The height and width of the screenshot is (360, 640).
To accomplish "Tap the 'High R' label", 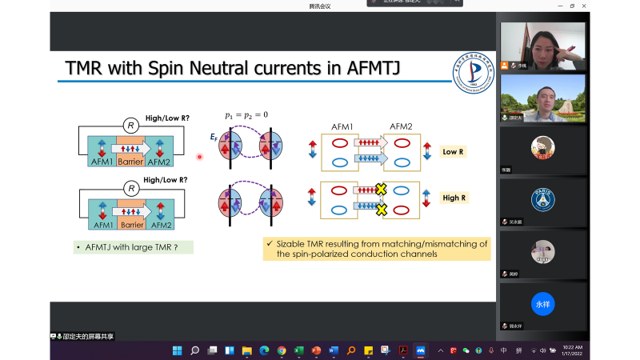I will click(454, 197).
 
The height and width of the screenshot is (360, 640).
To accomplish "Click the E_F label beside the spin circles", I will click(213, 138).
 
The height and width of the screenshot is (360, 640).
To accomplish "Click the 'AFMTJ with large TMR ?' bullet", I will click(133, 247).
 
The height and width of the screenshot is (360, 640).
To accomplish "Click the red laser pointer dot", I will click(199, 157).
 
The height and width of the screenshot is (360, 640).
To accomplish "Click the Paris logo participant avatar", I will click(543, 198).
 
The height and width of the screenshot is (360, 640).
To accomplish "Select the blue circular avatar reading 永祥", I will click(543, 304).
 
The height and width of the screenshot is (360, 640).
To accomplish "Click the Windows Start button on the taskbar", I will click(177, 350).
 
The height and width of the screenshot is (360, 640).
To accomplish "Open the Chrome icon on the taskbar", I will click(282, 350).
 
